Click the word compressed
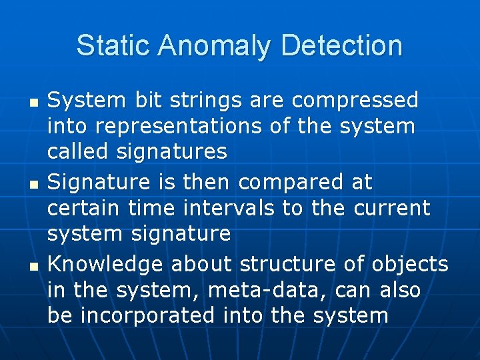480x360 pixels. (355, 101)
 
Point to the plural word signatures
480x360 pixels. (172, 152)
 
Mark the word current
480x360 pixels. (392, 207)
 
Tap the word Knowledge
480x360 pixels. (106, 265)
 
